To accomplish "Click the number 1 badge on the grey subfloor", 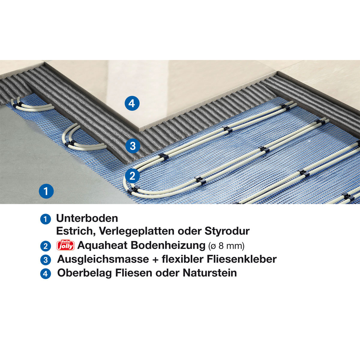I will [x=46, y=191].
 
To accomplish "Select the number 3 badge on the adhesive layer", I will [x=133, y=146].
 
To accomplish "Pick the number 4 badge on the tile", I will [x=132, y=103].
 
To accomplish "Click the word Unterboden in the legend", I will [x=87, y=218].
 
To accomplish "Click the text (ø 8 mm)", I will [x=226, y=246].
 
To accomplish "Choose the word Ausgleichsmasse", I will [x=103, y=259].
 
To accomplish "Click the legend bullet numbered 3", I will [x=45, y=260].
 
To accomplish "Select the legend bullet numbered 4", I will [x=45, y=274].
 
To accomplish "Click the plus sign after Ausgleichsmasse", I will [x=155, y=259].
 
